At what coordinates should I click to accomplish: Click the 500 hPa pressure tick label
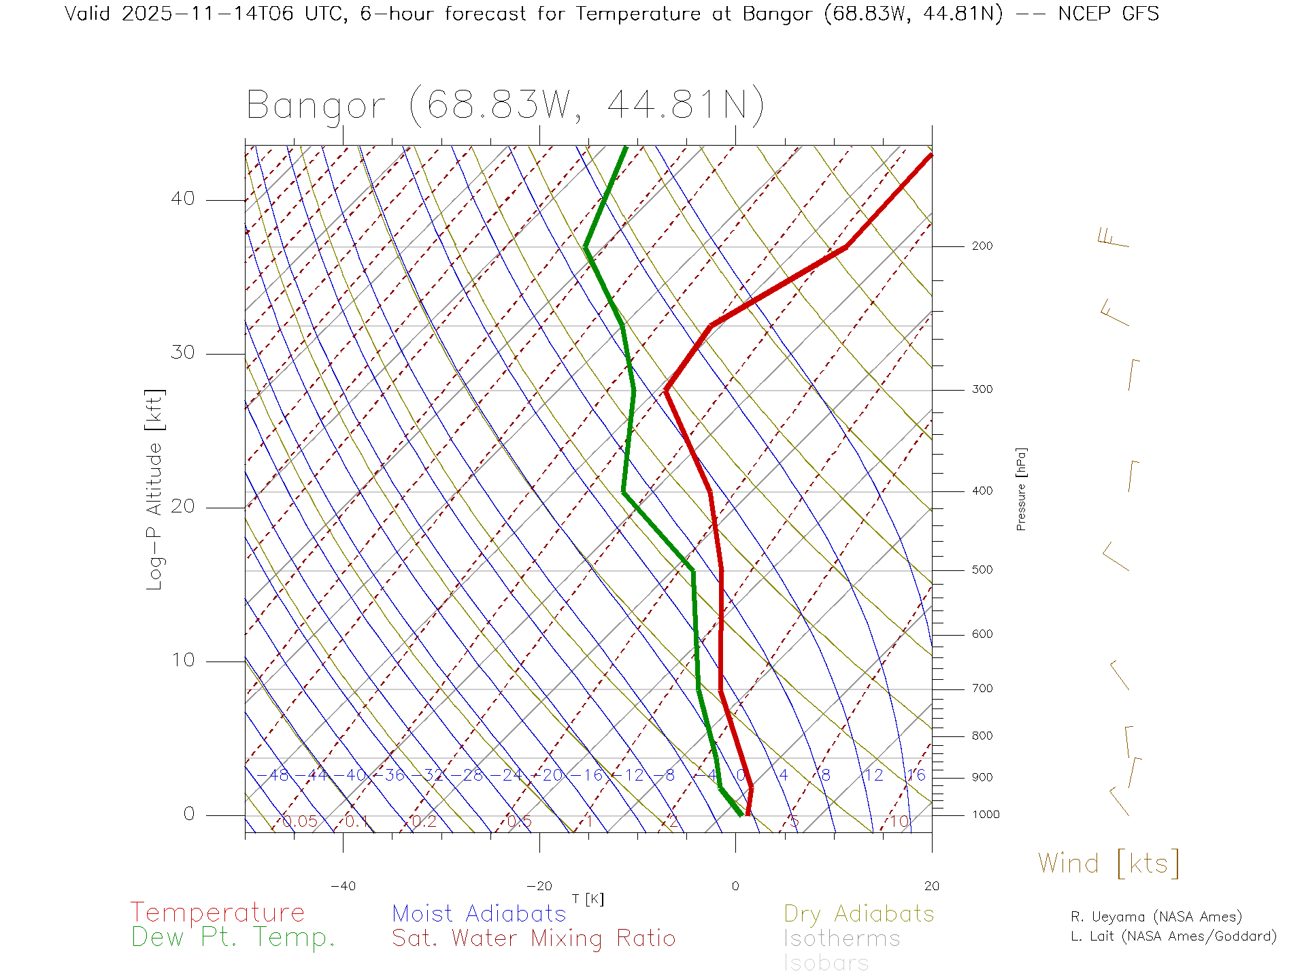(x=982, y=570)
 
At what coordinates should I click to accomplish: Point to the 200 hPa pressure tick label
(x=982, y=246)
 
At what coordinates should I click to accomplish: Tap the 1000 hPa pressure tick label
(x=986, y=815)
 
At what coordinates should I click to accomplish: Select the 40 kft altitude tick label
(x=182, y=199)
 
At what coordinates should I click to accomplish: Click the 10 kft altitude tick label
(x=182, y=660)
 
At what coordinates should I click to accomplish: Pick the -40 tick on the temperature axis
(x=343, y=886)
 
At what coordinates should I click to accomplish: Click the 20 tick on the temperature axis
(x=931, y=886)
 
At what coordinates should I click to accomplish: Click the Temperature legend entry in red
(x=218, y=913)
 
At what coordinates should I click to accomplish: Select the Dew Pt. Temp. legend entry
(x=233, y=938)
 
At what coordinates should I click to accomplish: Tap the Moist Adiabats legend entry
(x=479, y=913)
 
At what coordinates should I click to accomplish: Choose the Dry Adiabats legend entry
(x=858, y=913)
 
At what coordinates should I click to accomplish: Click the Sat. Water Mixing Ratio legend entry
(x=533, y=938)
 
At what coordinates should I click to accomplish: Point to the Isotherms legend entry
(x=841, y=938)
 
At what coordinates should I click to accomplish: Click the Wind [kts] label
(x=1108, y=863)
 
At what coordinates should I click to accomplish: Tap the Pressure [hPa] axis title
(x=1021, y=489)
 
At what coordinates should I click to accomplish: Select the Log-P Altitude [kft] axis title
(x=155, y=490)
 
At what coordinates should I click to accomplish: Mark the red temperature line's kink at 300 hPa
(x=667, y=390)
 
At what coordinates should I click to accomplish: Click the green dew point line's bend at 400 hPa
(x=623, y=491)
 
